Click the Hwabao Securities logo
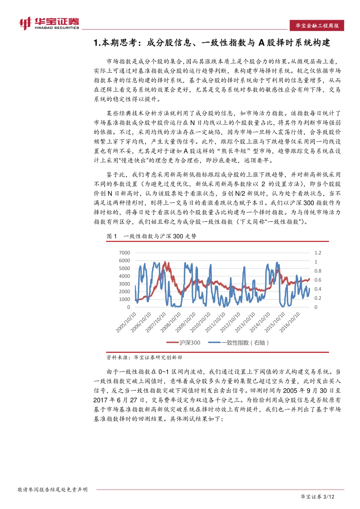49,23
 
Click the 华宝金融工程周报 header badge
317,26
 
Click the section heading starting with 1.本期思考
212,43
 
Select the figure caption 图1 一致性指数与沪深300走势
152,236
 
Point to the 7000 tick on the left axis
124,253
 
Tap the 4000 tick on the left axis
124,276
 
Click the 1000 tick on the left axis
124,299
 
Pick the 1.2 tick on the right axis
318,253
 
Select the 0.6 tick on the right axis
318,280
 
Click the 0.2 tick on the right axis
318,298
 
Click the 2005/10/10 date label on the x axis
127,322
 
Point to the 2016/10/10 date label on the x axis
290,322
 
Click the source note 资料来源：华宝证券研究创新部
144,357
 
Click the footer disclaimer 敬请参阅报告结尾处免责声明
53,490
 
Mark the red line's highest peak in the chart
165,262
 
